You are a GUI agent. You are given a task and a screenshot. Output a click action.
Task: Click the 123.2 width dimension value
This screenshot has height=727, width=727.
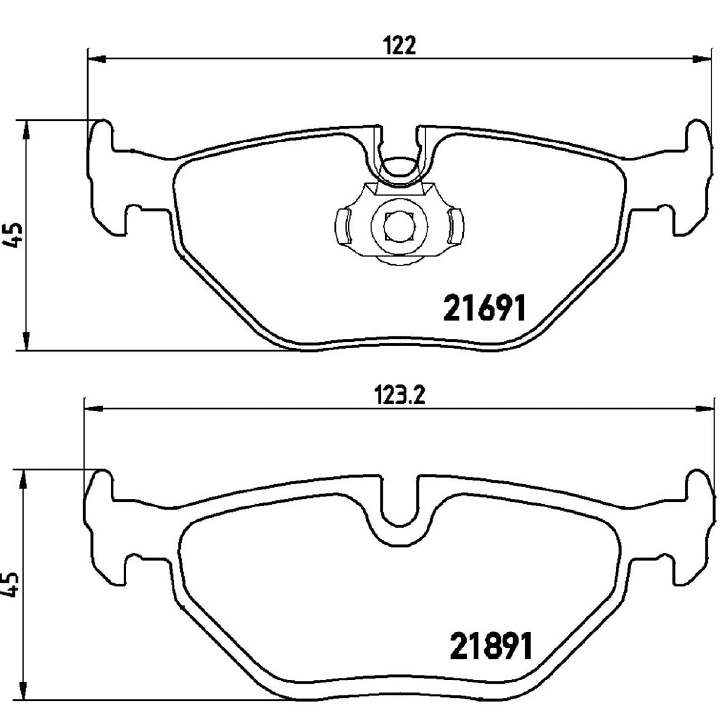click(x=400, y=396)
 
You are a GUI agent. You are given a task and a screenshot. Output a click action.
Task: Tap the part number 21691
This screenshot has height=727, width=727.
click(x=485, y=309)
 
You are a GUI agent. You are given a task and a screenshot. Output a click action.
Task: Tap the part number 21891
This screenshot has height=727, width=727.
click(x=491, y=646)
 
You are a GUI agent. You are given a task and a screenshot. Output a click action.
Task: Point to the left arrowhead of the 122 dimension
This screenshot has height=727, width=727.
click(x=96, y=59)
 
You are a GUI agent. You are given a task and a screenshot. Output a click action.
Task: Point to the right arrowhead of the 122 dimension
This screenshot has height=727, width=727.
click(x=702, y=59)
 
